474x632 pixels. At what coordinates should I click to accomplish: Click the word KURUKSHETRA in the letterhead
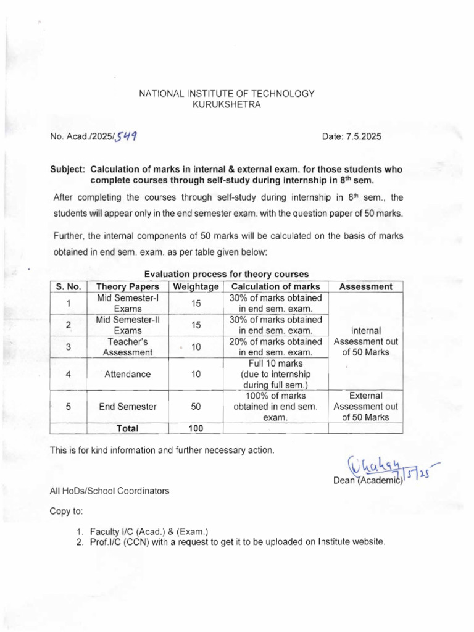227,105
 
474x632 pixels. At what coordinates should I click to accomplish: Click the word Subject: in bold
68,170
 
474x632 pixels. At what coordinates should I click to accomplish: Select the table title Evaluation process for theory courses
226,274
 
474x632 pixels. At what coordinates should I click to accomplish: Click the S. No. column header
69,286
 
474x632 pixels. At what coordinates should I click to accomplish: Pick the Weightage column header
196,286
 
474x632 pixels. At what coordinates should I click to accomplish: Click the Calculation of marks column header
275,286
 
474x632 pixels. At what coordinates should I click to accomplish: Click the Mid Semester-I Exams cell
128,302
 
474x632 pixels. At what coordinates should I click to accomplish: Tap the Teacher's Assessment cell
128,347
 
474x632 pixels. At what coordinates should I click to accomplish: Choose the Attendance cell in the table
128,373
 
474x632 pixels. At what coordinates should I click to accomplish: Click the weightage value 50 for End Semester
196,406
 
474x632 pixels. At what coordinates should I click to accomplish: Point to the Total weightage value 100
196,428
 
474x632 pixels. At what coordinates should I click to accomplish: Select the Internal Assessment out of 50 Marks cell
365,341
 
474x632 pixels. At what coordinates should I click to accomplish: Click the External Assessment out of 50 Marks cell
365,406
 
